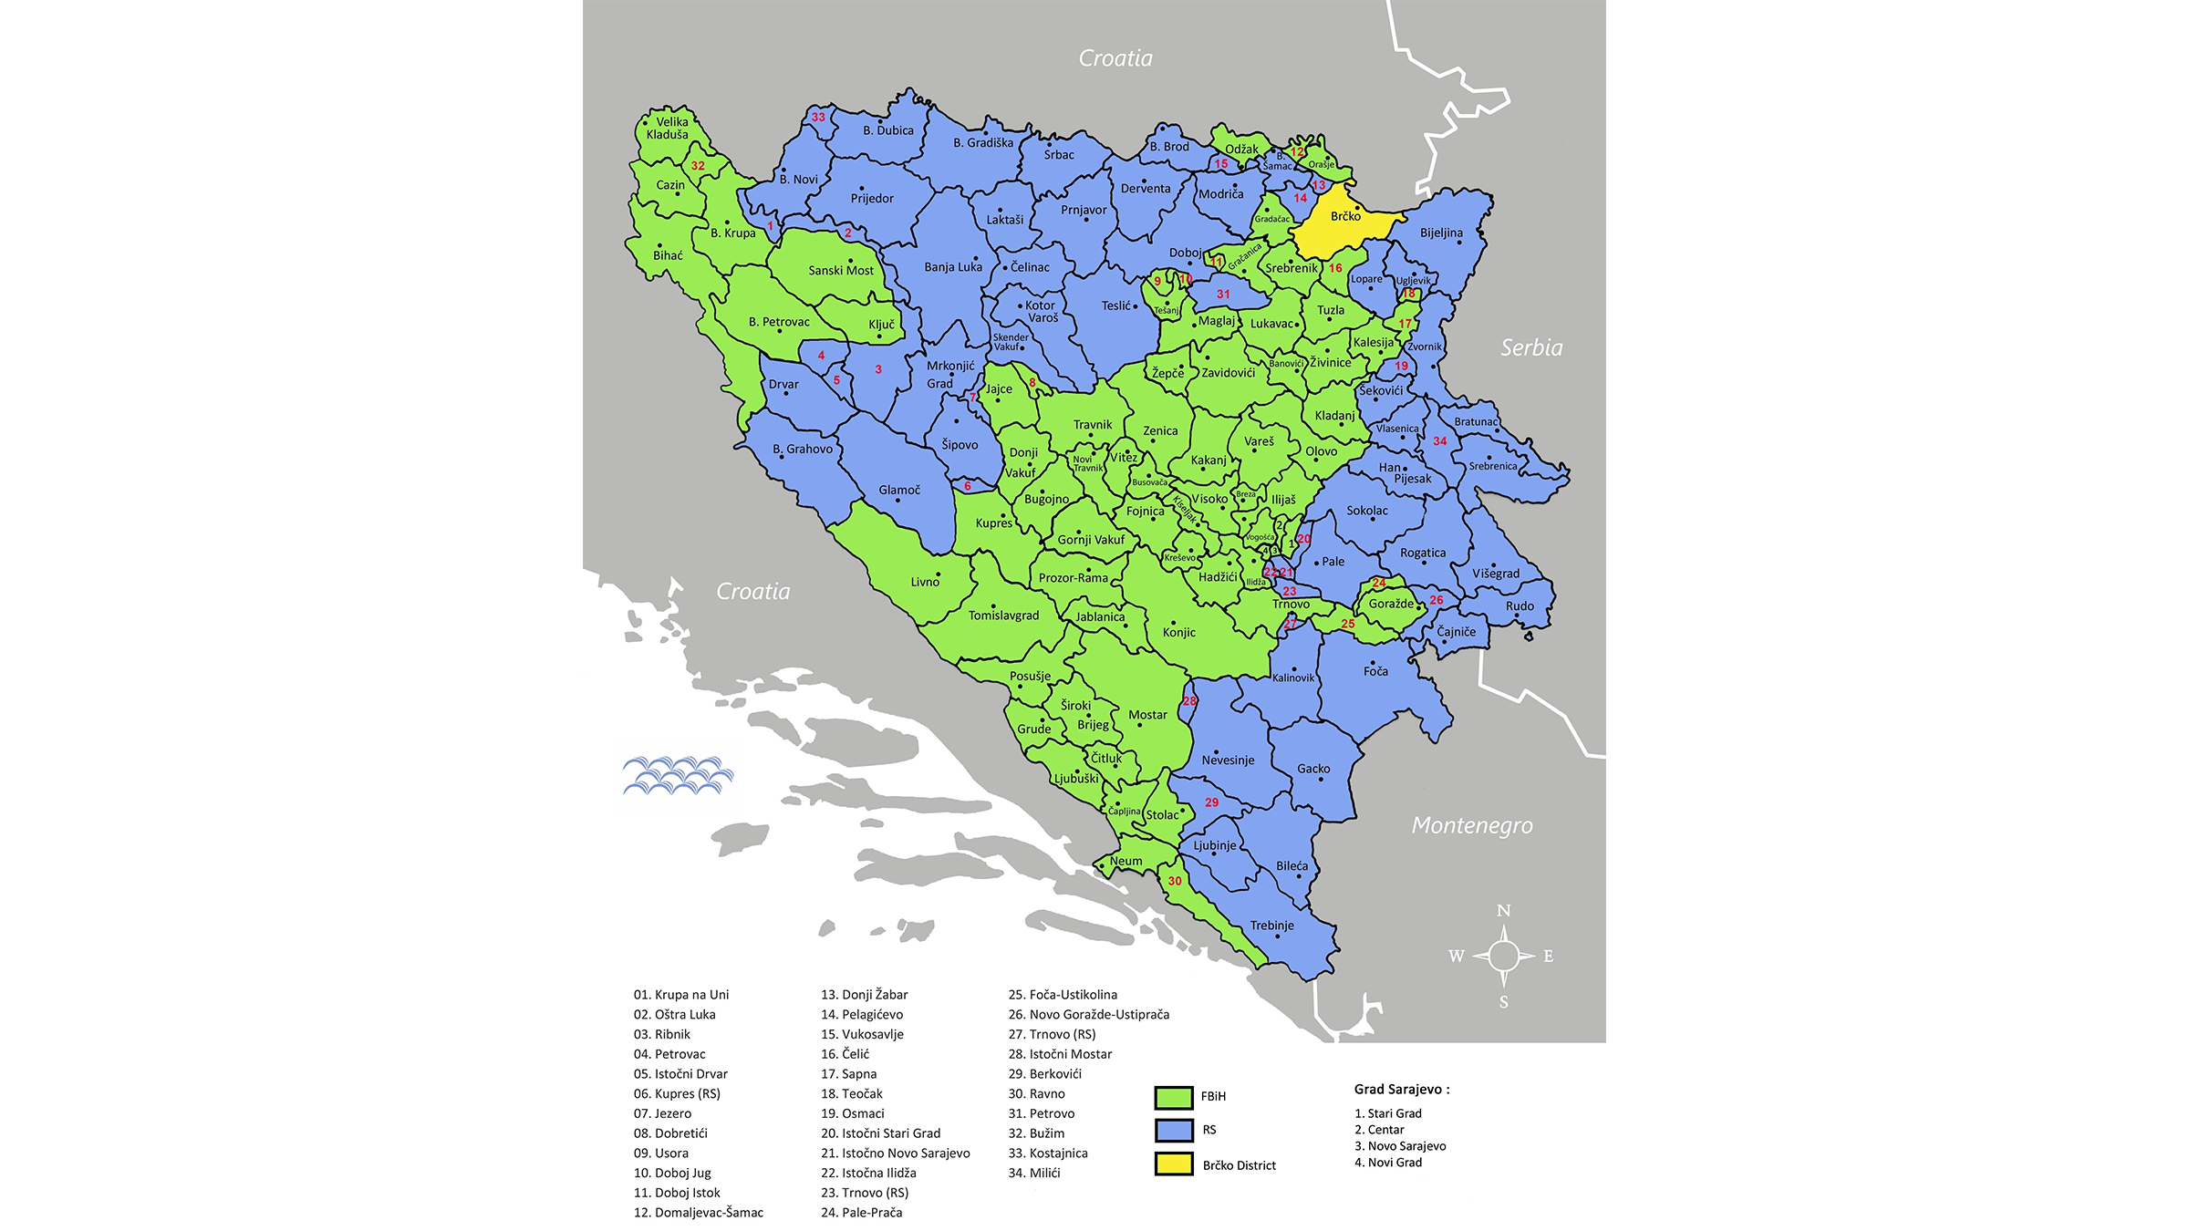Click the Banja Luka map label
[x=952, y=267]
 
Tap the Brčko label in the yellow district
[x=1345, y=217]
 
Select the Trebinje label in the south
[x=1271, y=926]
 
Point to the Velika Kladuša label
[x=669, y=129]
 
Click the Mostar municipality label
[x=1147, y=715]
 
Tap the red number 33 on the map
[x=818, y=117]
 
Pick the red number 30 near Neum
[x=1175, y=881]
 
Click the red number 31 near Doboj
[x=1223, y=295]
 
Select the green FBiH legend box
[x=1174, y=1097]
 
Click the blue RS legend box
[x=1174, y=1131]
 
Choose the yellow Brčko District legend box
[x=1174, y=1164]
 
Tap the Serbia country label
[x=1531, y=347]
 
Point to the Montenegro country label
[x=1471, y=825]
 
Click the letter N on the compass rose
[x=1503, y=911]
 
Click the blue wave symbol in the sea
[x=678, y=775]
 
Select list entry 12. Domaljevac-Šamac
[x=699, y=1213]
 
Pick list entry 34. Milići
[x=1034, y=1174]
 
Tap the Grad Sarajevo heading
[x=1401, y=1090]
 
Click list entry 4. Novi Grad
[x=1388, y=1163]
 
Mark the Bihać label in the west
[x=668, y=256]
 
